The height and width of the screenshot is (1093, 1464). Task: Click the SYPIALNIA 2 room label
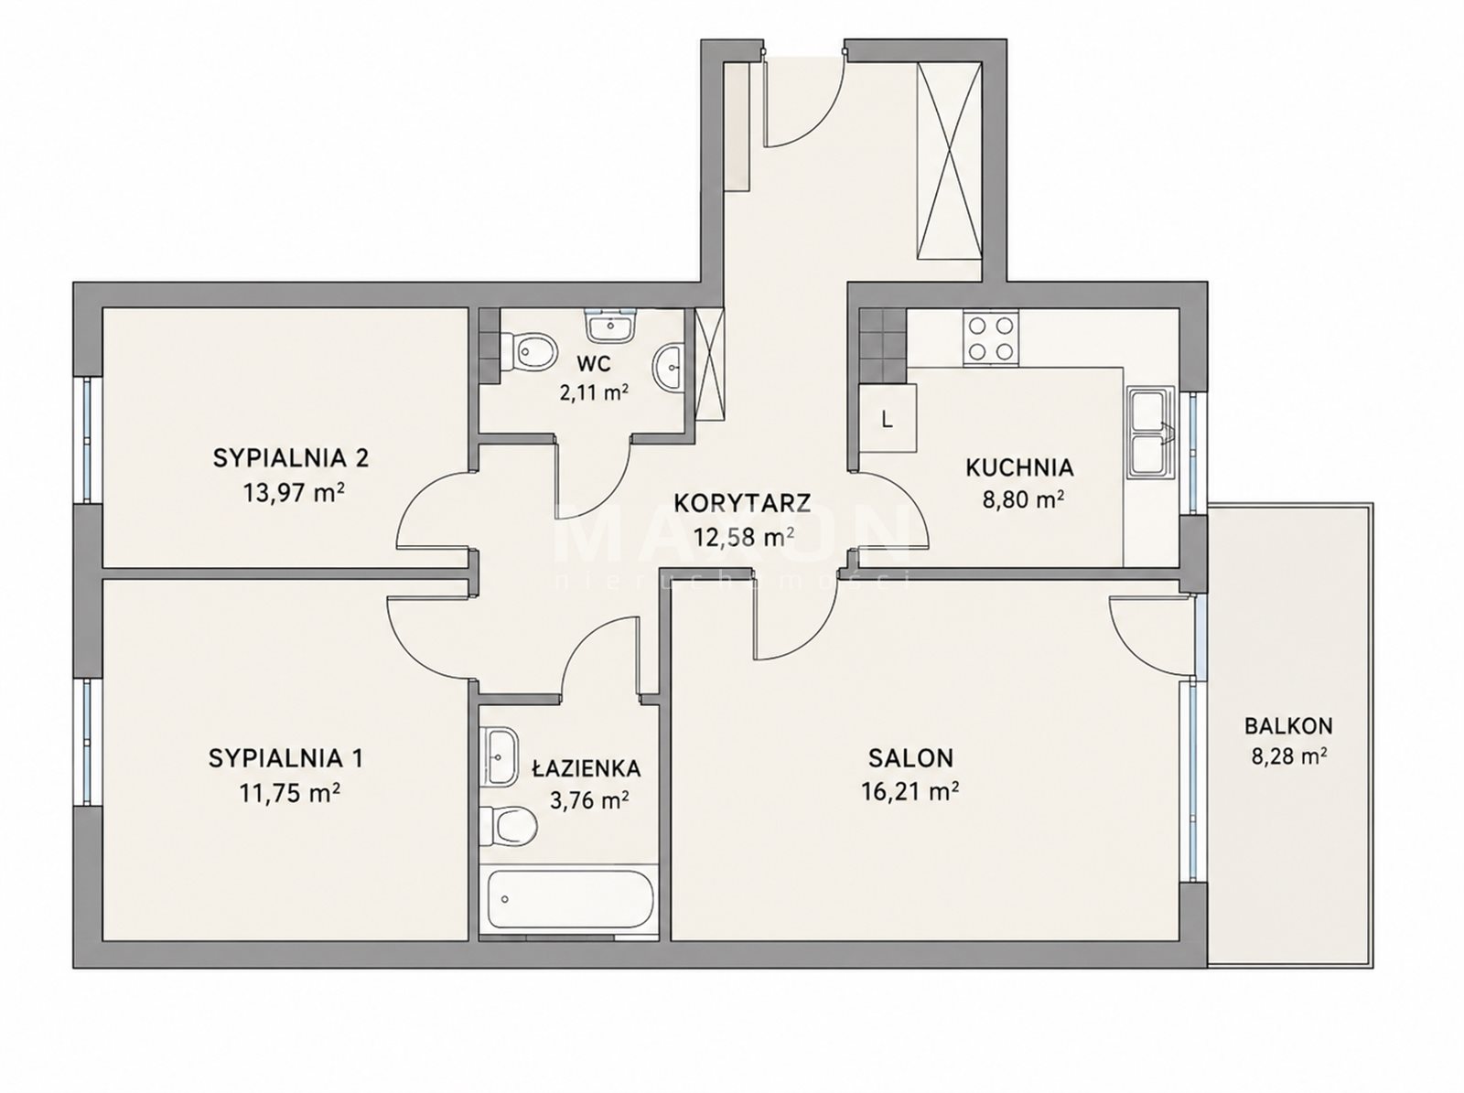tap(290, 458)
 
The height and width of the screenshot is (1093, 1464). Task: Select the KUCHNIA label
tap(1020, 468)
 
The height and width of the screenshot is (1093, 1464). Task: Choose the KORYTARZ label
tap(742, 503)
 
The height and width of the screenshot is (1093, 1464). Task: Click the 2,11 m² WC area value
tap(594, 392)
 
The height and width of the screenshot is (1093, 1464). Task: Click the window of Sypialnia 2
tap(87, 441)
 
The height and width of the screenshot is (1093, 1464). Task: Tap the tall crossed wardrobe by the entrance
tap(949, 161)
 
